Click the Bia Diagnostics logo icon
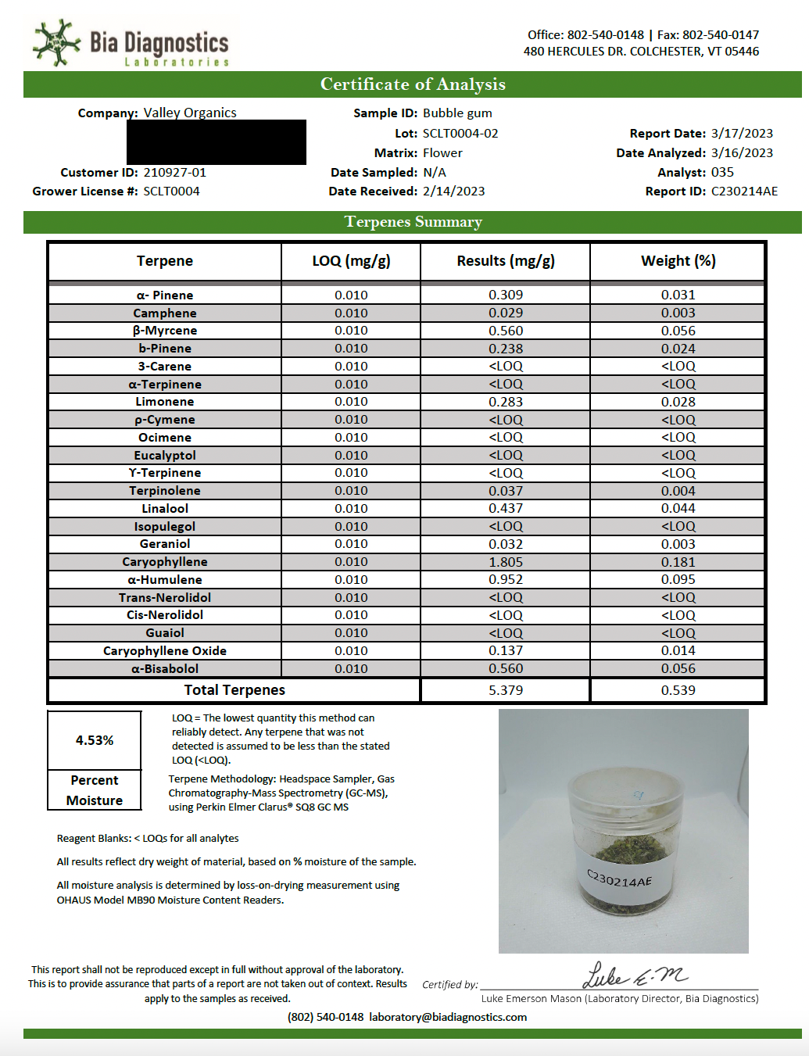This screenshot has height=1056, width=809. coord(56,42)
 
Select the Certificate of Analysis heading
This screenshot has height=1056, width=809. coord(413,84)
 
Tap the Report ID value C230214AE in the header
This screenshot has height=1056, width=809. coord(744,192)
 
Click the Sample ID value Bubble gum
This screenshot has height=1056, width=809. coord(457,113)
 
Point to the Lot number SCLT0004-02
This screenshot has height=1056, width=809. coord(460,134)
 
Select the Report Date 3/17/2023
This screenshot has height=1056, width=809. coord(742,134)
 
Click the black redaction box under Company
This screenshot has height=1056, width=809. coord(217,142)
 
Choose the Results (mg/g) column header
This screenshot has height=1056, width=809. coord(506,261)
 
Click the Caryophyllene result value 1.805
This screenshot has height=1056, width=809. coord(506,562)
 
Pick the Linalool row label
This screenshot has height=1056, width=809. coord(165,509)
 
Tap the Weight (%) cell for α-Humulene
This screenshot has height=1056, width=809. coord(678,580)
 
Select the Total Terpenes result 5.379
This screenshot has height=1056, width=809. coord(506,690)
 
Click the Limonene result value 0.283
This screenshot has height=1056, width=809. coord(506,402)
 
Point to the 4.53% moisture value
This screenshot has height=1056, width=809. coord(95,740)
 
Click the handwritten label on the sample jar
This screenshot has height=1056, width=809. coord(619,879)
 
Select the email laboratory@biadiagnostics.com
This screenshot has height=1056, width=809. coord(448,1018)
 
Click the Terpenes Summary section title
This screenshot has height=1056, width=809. coord(413,222)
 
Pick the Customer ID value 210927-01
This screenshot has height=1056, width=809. coord(175,173)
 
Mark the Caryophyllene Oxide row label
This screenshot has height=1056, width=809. coord(165,651)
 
